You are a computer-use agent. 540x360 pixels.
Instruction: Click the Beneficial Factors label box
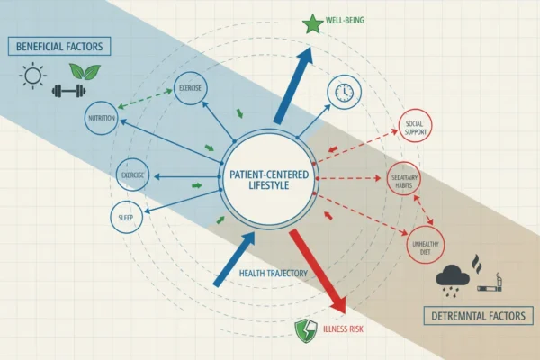(x=59, y=47)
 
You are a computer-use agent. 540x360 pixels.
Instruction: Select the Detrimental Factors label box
(x=479, y=316)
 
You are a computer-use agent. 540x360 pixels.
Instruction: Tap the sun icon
(x=32, y=76)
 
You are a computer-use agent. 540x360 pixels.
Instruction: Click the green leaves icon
(x=85, y=71)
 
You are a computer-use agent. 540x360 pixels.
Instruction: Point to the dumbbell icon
(x=69, y=91)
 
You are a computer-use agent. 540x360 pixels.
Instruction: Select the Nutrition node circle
(x=102, y=118)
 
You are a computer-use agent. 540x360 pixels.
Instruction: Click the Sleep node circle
(x=126, y=218)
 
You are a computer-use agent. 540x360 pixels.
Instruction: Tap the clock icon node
(x=345, y=93)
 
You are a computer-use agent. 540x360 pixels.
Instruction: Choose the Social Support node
(x=415, y=126)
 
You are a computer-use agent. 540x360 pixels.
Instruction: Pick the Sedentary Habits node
(x=404, y=179)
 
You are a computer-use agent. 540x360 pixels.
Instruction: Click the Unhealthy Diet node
(x=426, y=245)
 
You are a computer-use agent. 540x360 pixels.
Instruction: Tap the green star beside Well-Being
(x=312, y=24)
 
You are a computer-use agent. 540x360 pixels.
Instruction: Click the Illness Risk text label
(x=343, y=329)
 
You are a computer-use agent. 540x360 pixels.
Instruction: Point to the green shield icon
(x=306, y=330)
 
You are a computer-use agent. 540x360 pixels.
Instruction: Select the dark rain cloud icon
(x=452, y=280)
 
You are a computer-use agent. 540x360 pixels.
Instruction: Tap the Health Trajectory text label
(x=273, y=274)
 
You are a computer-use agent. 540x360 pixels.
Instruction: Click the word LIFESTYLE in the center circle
(x=269, y=185)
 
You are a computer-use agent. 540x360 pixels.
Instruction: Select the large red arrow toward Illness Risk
(x=317, y=272)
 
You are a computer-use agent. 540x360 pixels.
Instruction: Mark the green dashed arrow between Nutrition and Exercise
(x=145, y=99)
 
